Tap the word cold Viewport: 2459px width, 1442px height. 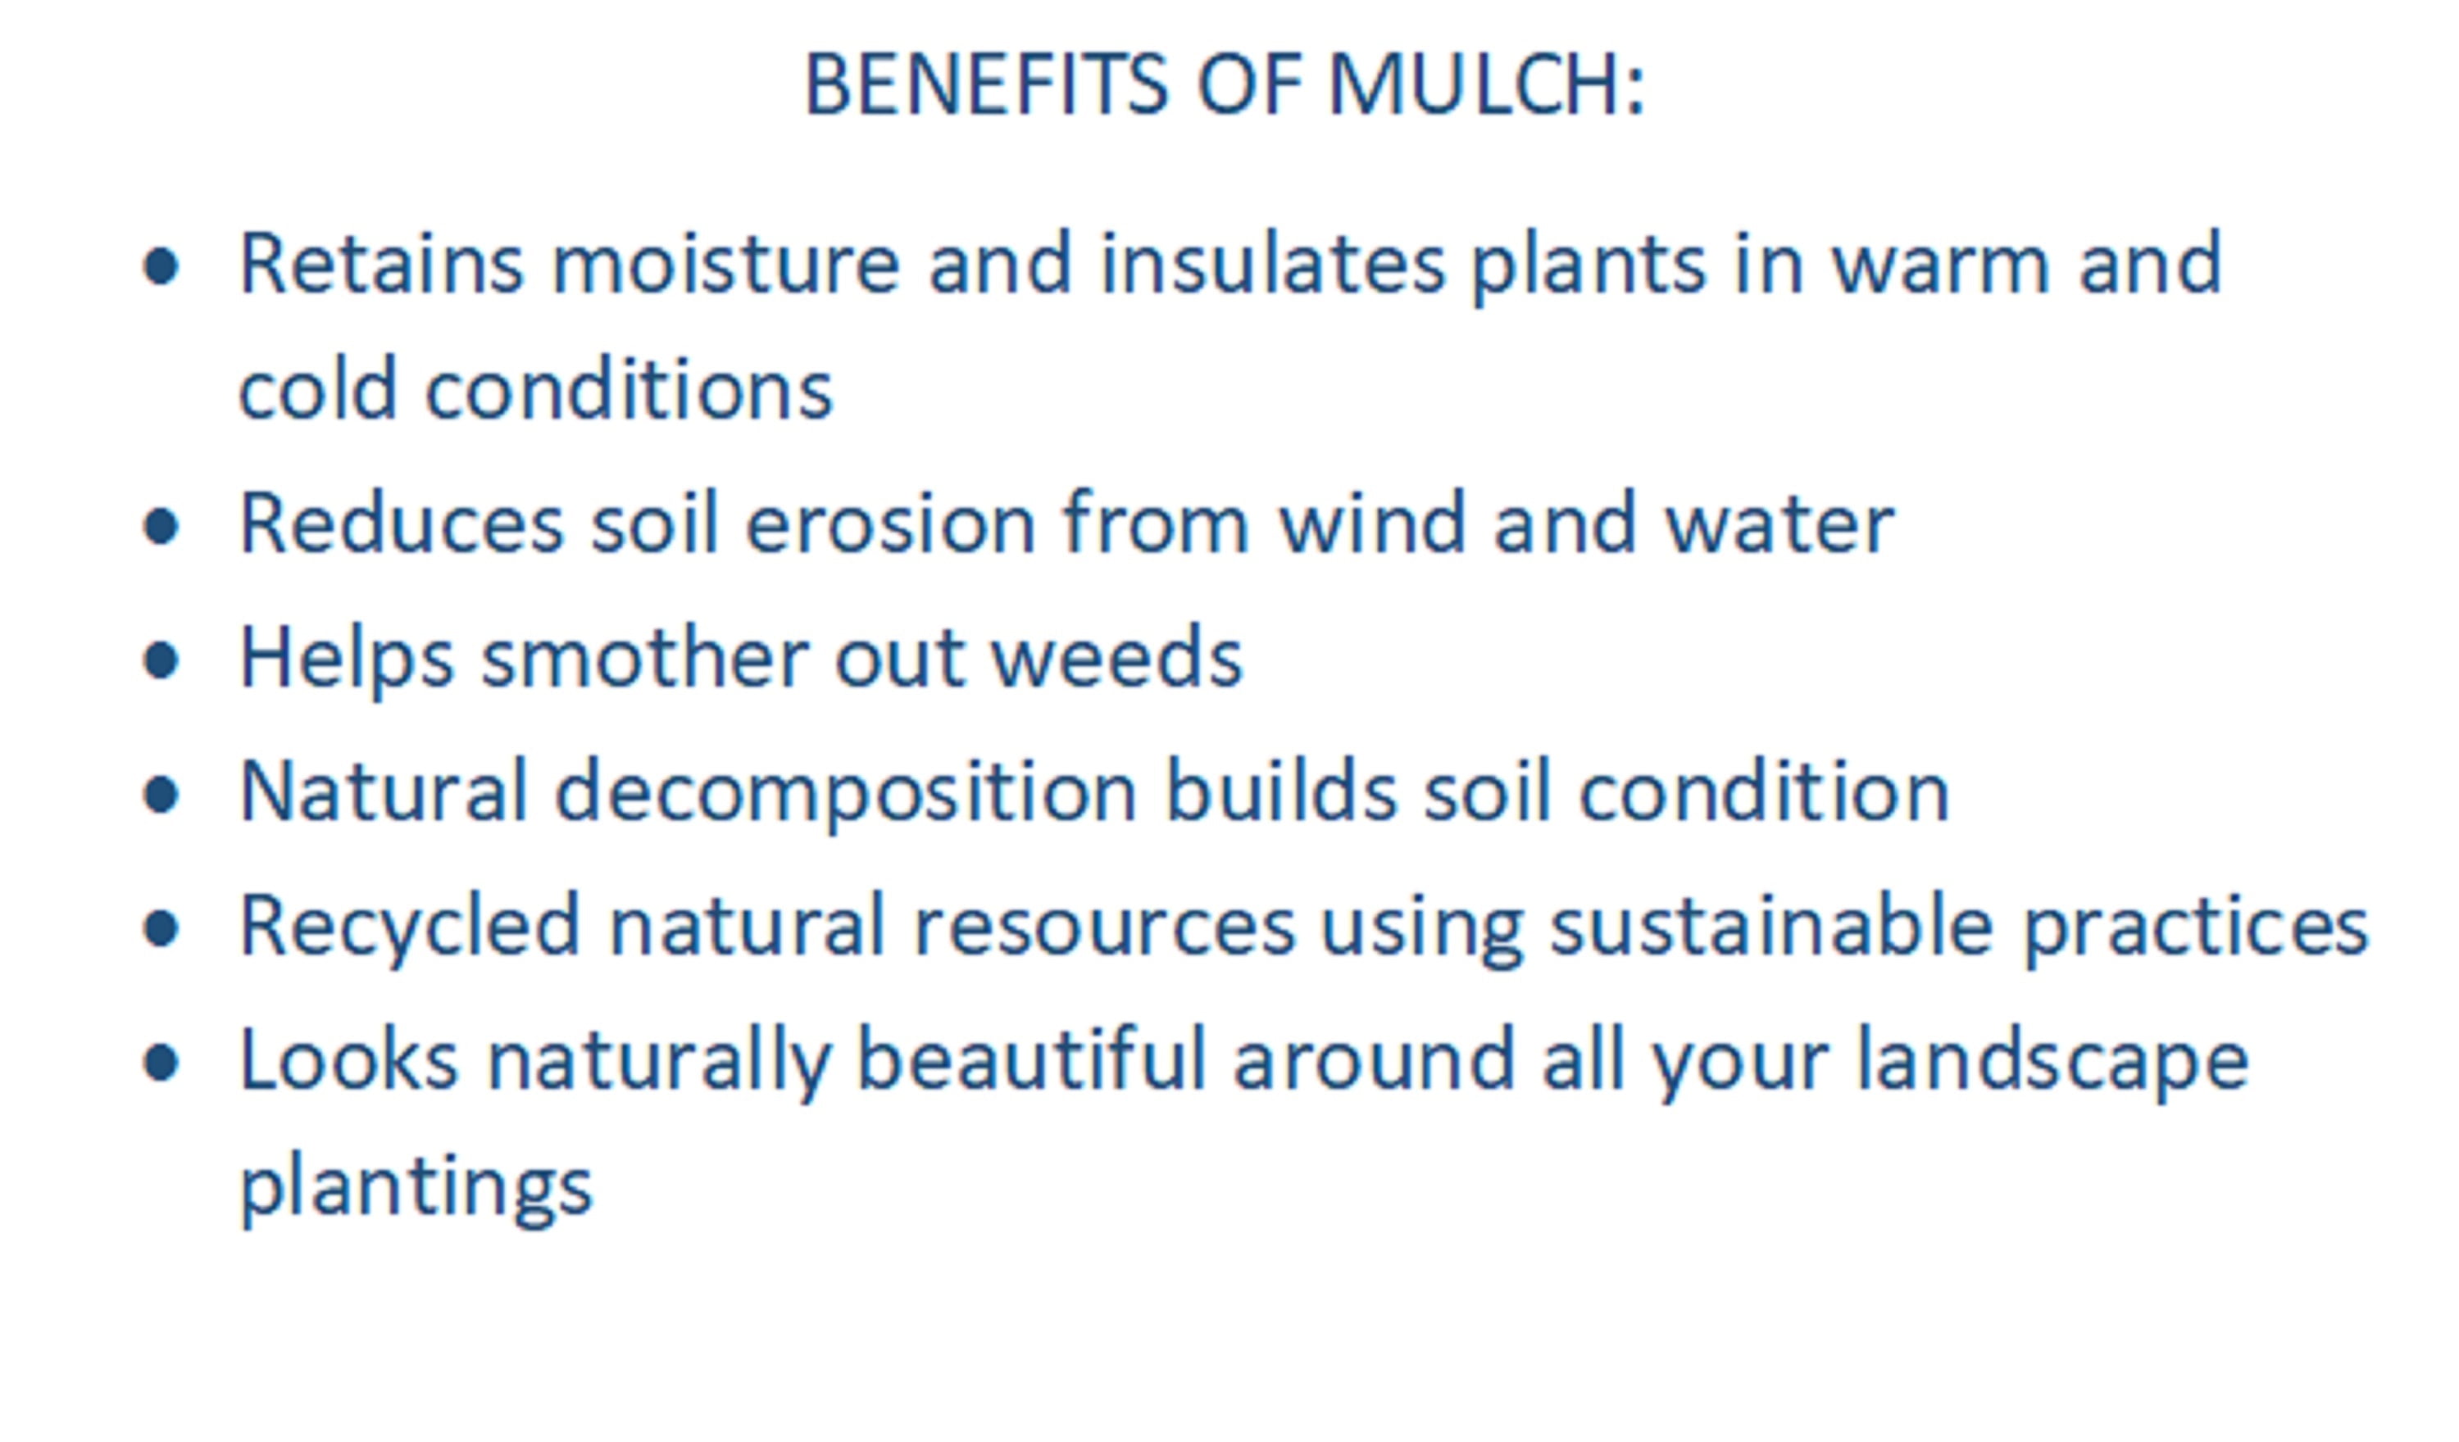[x=318, y=390]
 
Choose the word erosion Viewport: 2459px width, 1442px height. [x=890, y=524]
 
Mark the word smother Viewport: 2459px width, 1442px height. [x=644, y=658]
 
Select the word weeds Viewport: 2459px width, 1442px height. [x=1116, y=658]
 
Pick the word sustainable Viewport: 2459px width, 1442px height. [x=1771, y=925]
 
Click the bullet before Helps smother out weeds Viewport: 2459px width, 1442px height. [x=161, y=660]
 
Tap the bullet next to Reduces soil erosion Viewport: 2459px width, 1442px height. [x=161, y=527]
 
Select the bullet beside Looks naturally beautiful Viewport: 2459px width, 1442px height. [x=161, y=1063]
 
